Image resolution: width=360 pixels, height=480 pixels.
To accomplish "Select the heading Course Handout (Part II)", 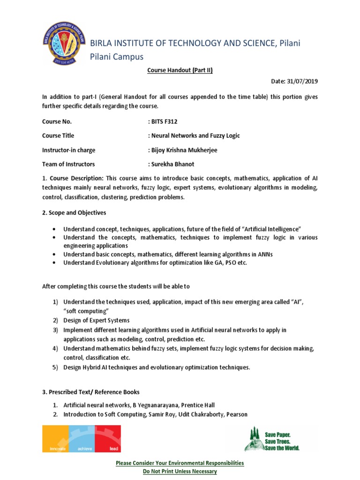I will (x=180, y=70).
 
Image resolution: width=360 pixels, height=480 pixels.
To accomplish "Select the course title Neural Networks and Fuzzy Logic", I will (x=195, y=135).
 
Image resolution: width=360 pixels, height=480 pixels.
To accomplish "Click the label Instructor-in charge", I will (x=68, y=150).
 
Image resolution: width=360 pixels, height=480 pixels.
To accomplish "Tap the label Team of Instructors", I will (x=68, y=164).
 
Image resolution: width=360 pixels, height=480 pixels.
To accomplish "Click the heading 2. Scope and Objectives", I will (x=74, y=213).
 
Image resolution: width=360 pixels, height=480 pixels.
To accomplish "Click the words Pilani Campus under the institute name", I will (x=116, y=56).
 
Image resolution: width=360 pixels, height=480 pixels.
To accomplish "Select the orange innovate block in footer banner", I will (x=55, y=439).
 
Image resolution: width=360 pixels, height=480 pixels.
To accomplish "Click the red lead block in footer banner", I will (x=107, y=439).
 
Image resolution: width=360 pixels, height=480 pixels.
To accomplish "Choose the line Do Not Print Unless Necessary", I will (x=180, y=471).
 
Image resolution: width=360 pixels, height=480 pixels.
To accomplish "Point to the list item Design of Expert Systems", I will (x=97, y=321).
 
